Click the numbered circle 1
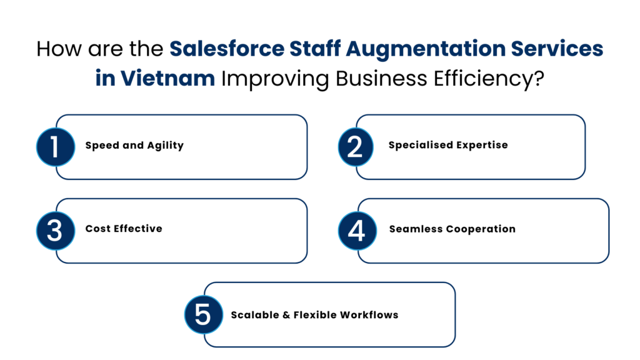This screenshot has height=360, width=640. point(55,147)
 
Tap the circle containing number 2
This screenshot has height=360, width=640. point(355,147)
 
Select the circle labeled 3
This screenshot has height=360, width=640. point(55,231)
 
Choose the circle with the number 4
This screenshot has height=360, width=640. point(356,231)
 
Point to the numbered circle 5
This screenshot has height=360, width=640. point(203,314)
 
